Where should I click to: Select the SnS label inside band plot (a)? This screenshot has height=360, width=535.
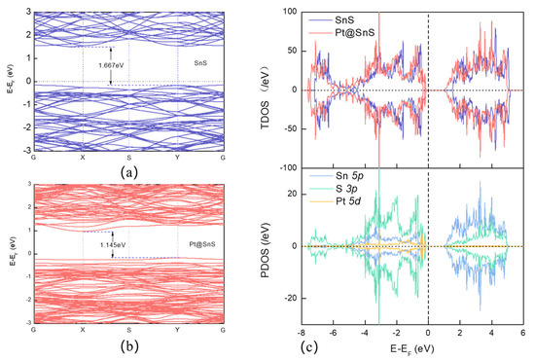[x=199, y=61]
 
